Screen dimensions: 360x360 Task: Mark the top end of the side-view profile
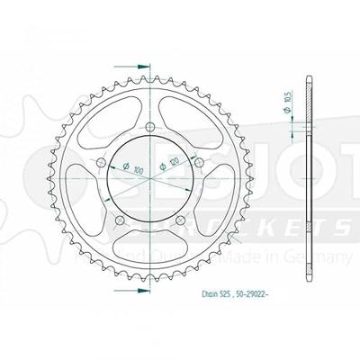pyautogui.click(x=309, y=73)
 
